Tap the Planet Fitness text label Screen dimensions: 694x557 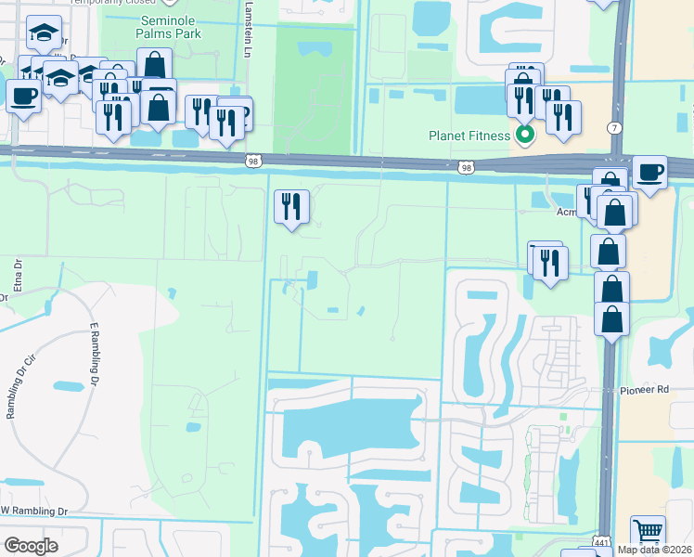coord(469,136)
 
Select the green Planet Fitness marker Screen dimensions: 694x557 coord(525,136)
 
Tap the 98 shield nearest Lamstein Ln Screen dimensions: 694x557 coord(253,161)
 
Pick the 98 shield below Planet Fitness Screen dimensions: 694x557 coord(466,168)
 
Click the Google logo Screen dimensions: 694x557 coord(31,545)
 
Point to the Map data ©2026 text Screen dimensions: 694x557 coord(653,549)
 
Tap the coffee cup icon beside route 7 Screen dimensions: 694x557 coord(650,173)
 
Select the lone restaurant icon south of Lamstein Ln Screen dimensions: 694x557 coord(291,207)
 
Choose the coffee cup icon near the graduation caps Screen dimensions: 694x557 coord(23,95)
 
